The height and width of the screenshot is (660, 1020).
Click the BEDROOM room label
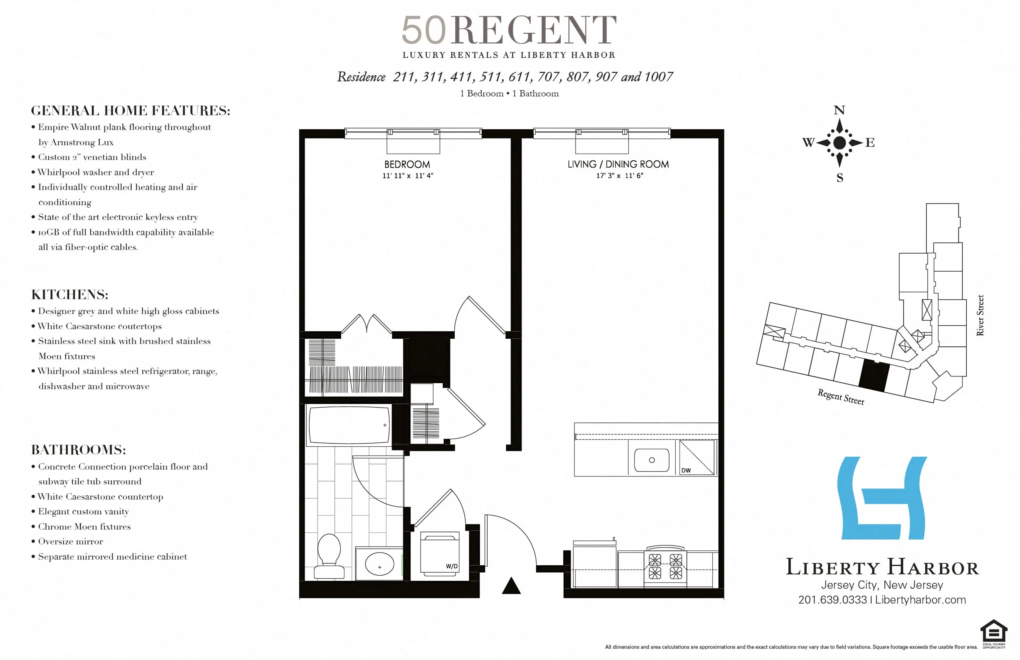point(407,164)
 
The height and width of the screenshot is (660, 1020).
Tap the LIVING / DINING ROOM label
point(618,164)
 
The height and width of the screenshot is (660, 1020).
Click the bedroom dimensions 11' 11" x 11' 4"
point(408,176)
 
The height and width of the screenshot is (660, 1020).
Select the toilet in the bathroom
point(329,556)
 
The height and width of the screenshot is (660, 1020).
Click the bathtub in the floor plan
point(349,425)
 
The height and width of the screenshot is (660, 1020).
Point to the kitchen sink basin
point(652,460)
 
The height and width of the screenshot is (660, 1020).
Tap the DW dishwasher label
point(686,470)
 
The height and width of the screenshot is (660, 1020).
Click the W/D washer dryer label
point(452,566)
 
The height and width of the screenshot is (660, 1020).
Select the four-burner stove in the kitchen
point(665,566)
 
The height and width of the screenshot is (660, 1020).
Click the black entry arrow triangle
point(511,586)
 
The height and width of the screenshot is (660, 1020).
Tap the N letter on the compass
point(839,110)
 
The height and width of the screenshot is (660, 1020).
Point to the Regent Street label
point(841,397)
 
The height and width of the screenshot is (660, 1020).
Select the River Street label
point(980,315)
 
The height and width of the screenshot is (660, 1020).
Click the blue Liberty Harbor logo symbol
point(882,498)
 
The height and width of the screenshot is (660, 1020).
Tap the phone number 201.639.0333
point(832,600)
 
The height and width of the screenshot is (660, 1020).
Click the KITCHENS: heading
point(70,294)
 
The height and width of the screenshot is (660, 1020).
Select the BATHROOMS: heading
point(78,450)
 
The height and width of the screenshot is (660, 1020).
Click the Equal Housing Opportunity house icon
point(994,632)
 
